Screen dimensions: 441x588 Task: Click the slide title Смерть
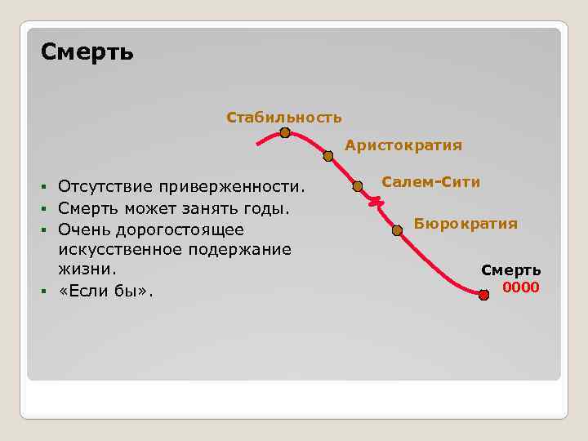87,53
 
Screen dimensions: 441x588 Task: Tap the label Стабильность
283,118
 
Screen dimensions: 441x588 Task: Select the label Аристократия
403,145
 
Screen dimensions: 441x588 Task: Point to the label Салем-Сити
430,182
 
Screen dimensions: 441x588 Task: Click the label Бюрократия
465,223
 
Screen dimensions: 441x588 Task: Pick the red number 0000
520,287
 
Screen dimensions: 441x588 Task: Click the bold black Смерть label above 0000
510,270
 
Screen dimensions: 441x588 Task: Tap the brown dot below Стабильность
285,133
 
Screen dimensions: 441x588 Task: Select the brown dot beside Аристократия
328,155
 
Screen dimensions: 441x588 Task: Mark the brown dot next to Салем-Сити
357,186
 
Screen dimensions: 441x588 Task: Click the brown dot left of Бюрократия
397,230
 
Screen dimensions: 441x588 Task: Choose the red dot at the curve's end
483,294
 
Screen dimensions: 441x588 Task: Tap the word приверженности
231,188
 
